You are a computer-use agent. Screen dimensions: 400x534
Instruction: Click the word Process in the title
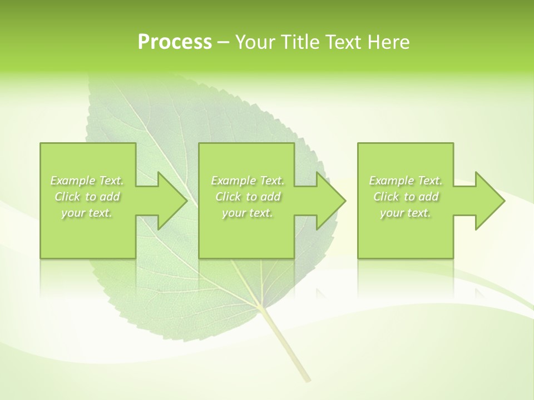click(175, 42)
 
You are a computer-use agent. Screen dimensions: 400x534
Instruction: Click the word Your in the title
click(255, 42)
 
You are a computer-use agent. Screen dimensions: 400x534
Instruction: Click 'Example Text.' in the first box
click(87, 181)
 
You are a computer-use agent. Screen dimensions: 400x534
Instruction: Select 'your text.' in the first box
click(87, 213)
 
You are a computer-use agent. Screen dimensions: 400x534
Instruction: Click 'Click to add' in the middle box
click(248, 197)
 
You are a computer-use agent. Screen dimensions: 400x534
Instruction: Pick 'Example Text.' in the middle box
click(248, 181)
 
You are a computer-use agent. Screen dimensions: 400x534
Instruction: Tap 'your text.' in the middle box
click(248, 213)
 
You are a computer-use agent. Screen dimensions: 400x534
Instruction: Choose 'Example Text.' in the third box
click(406, 181)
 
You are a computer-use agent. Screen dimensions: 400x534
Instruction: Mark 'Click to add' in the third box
click(406, 197)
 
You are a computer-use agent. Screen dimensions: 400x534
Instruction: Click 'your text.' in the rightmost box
click(406, 213)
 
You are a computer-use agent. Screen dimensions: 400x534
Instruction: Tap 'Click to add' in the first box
click(87, 197)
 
